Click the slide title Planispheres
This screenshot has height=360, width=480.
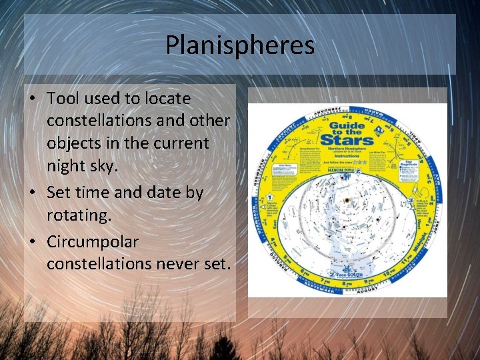[x=239, y=46]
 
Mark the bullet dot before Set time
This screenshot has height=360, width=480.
[x=33, y=192]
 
